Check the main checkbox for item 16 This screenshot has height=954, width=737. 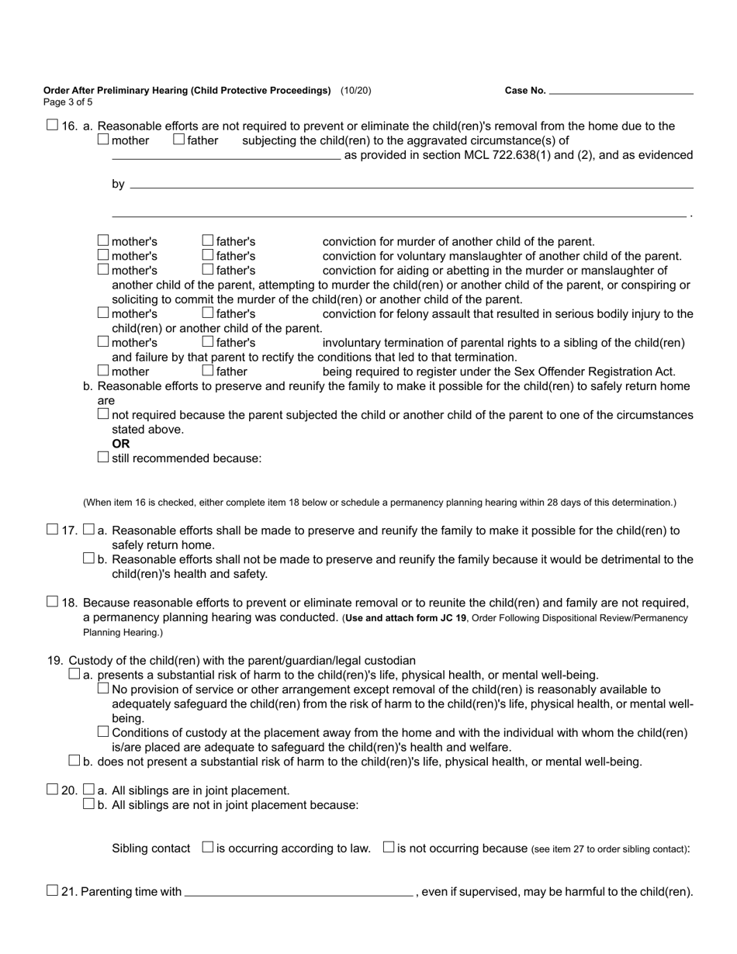coord(52,125)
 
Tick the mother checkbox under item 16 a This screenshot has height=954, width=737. coord(103,140)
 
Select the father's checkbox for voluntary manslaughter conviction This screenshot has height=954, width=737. coord(207,255)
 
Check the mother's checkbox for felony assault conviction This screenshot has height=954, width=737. coord(103,313)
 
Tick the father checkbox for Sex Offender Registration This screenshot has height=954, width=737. coord(207,371)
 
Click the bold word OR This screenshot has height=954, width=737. coord(121,444)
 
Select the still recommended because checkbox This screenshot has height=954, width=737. coord(103,457)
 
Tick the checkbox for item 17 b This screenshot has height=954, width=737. coord(88,558)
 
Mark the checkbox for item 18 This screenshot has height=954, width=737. coord(52,602)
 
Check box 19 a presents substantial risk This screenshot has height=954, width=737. coord(74,674)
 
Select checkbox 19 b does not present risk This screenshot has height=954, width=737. coord(74,761)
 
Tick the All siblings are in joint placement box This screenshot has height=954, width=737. coord(88,790)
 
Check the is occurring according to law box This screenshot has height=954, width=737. coord(207,848)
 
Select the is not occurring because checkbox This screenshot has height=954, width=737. coord(389,848)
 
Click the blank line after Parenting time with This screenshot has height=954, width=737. coord(299,892)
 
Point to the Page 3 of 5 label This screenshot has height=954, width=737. coord(68,102)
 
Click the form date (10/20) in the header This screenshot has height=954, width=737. coord(355,91)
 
